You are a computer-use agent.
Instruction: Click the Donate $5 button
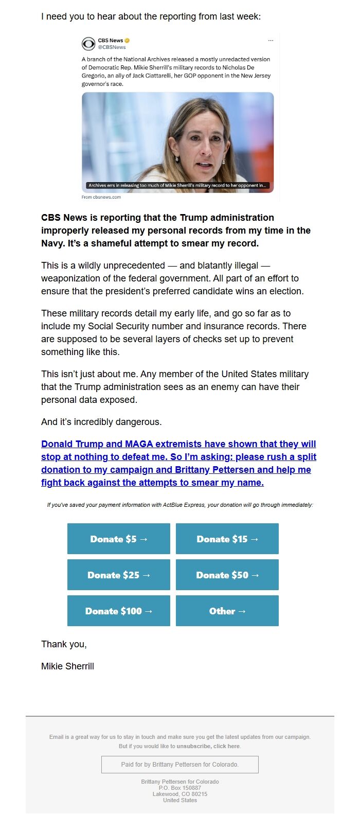[x=119, y=539]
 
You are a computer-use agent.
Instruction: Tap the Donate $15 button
[x=227, y=539]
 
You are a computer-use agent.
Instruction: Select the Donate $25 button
[x=119, y=575]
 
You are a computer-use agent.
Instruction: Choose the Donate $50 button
[x=227, y=575]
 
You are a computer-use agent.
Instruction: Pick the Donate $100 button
[x=119, y=611]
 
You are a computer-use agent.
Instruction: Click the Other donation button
[x=227, y=611]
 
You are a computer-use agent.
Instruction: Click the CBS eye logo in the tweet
[x=88, y=44]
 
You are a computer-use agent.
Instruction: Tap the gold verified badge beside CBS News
[x=127, y=41]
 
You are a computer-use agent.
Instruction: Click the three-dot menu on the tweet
[x=271, y=41]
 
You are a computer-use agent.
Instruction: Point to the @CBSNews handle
[x=112, y=47]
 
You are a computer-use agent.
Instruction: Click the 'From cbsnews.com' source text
[x=101, y=197]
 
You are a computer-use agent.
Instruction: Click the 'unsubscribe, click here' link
[x=208, y=746]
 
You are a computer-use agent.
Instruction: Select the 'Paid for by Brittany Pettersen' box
[x=180, y=765]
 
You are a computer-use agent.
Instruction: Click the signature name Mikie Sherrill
[x=67, y=666]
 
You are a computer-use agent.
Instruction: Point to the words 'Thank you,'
[x=64, y=644]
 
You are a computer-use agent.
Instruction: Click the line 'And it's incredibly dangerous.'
[x=101, y=422]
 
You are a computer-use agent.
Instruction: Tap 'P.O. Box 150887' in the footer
[x=180, y=788]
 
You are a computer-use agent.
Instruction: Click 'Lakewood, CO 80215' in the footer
[x=180, y=794]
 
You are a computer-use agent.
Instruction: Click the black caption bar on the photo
[x=177, y=185]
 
